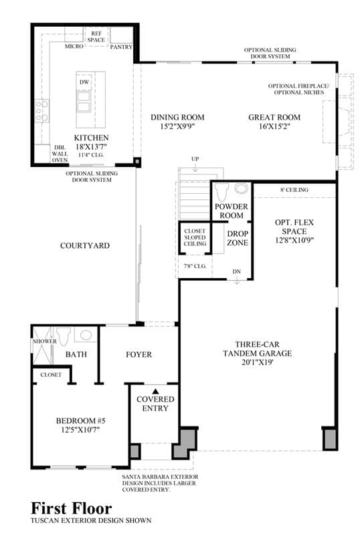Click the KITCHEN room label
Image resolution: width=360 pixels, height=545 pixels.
click(91, 138)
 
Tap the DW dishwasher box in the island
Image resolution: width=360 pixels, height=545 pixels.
click(84, 82)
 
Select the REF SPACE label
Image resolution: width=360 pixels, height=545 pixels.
click(96, 37)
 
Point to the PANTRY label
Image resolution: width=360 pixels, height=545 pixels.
click(121, 47)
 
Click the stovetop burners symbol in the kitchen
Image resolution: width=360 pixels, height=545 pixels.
click(42, 110)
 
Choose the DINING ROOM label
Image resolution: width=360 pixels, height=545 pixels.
click(177, 118)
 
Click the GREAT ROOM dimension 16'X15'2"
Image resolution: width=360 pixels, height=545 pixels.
click(274, 126)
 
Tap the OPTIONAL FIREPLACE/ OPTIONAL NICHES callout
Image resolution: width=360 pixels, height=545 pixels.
click(298, 89)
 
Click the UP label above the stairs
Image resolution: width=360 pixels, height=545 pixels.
click(195, 159)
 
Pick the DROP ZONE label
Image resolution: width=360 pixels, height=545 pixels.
click(238, 238)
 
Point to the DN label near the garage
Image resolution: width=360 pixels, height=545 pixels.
click(236, 271)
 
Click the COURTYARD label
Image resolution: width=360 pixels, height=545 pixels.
click(85, 245)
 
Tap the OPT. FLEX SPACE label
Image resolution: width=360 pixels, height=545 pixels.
click(294, 227)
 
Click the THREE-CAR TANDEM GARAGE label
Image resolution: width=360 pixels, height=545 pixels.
click(258, 349)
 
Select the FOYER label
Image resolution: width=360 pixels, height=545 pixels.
click(139, 354)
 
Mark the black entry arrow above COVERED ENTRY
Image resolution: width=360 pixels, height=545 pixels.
click(155, 391)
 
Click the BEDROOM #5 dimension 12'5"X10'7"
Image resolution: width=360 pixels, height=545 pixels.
click(80, 429)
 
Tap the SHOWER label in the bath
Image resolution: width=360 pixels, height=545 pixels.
click(45, 341)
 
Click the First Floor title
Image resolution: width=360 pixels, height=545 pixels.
click(72, 508)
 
